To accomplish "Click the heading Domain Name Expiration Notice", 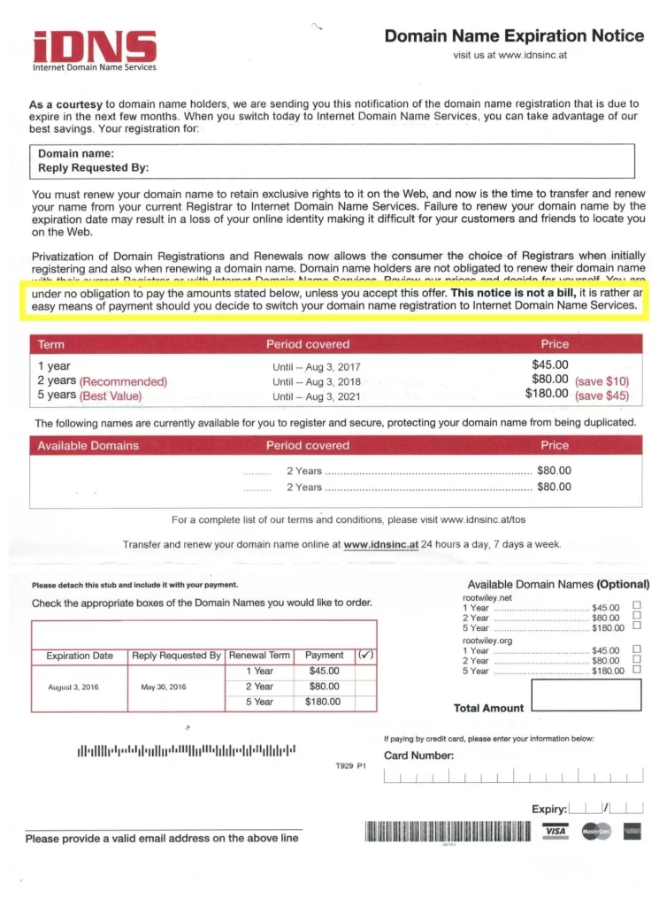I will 514,36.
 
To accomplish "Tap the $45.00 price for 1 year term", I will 549,365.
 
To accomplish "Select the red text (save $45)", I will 602,395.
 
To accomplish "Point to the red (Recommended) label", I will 123,381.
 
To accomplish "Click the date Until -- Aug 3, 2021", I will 316,396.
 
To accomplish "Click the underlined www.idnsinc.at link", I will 380,544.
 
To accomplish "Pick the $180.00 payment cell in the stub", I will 323,702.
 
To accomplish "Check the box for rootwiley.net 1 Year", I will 637,607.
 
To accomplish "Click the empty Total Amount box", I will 586,695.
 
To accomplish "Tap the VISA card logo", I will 556,832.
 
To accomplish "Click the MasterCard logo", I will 595,832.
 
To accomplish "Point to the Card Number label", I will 418,756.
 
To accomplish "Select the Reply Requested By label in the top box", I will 93,167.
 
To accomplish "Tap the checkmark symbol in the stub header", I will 365,656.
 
